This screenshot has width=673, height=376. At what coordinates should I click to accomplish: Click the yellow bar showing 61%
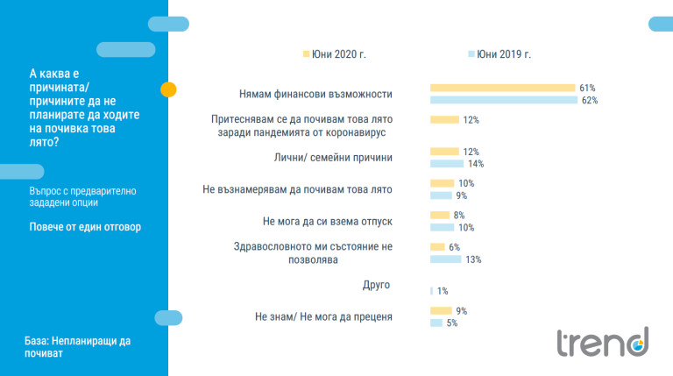click(502, 89)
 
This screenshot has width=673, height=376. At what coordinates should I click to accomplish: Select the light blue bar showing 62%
click(504, 100)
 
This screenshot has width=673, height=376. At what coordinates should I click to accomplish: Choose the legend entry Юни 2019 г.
click(499, 54)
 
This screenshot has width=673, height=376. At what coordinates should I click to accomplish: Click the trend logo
click(603, 342)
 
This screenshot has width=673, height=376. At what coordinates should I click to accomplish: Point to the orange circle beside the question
click(169, 89)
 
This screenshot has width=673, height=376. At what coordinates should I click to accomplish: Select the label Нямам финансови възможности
click(315, 93)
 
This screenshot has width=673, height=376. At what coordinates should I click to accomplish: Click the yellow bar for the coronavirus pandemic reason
click(444, 120)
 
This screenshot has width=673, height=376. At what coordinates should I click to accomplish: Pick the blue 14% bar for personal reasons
click(447, 164)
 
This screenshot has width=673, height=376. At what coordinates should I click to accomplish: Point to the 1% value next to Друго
click(443, 290)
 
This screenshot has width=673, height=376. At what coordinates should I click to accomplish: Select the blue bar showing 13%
click(445, 259)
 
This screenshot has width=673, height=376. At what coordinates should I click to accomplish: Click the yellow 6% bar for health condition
click(437, 247)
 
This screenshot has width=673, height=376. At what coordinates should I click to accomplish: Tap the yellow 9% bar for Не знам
click(441, 310)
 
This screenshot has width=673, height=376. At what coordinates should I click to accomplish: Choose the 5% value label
click(451, 323)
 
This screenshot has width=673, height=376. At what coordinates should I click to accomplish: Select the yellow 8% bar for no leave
click(440, 215)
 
